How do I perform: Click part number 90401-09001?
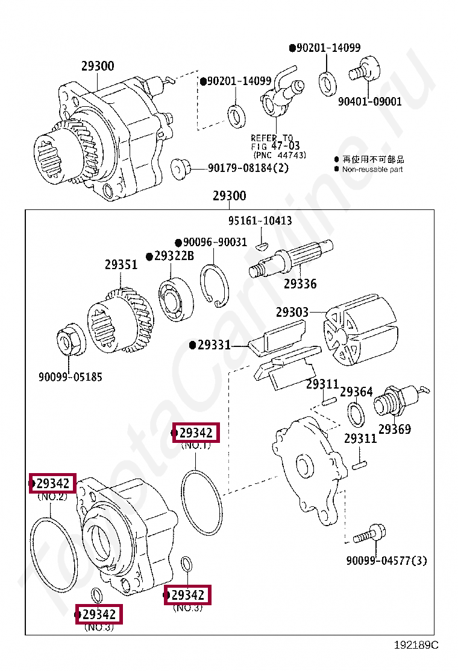click(x=369, y=101)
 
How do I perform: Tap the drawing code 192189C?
click(x=416, y=645)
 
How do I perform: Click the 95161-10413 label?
click(x=260, y=221)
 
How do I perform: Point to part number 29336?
click(x=300, y=284)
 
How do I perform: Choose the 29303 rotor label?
click(x=292, y=313)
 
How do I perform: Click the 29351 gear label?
click(x=121, y=264)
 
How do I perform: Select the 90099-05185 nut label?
click(x=71, y=377)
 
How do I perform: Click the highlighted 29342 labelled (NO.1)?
click(x=196, y=433)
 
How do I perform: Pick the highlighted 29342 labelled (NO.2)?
click(x=54, y=483)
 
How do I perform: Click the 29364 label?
click(x=356, y=392)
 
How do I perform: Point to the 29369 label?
click(x=395, y=430)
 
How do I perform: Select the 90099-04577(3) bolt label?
click(x=386, y=561)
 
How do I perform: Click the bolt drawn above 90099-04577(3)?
click(x=369, y=533)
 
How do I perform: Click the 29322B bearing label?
click(x=174, y=256)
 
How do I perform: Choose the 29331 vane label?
click(x=214, y=345)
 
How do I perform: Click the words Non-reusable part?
click(x=372, y=170)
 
